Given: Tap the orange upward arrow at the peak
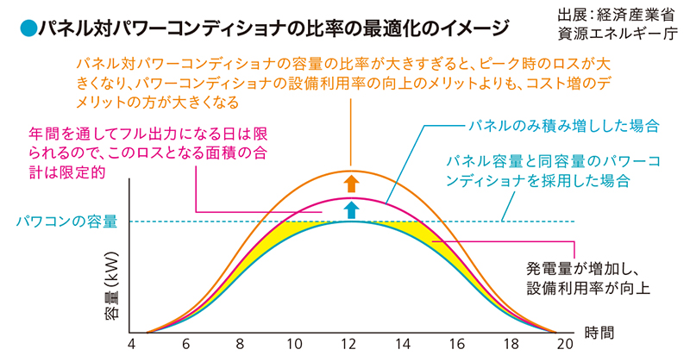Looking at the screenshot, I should point(350,183).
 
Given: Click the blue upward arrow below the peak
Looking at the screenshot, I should point(350,209).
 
